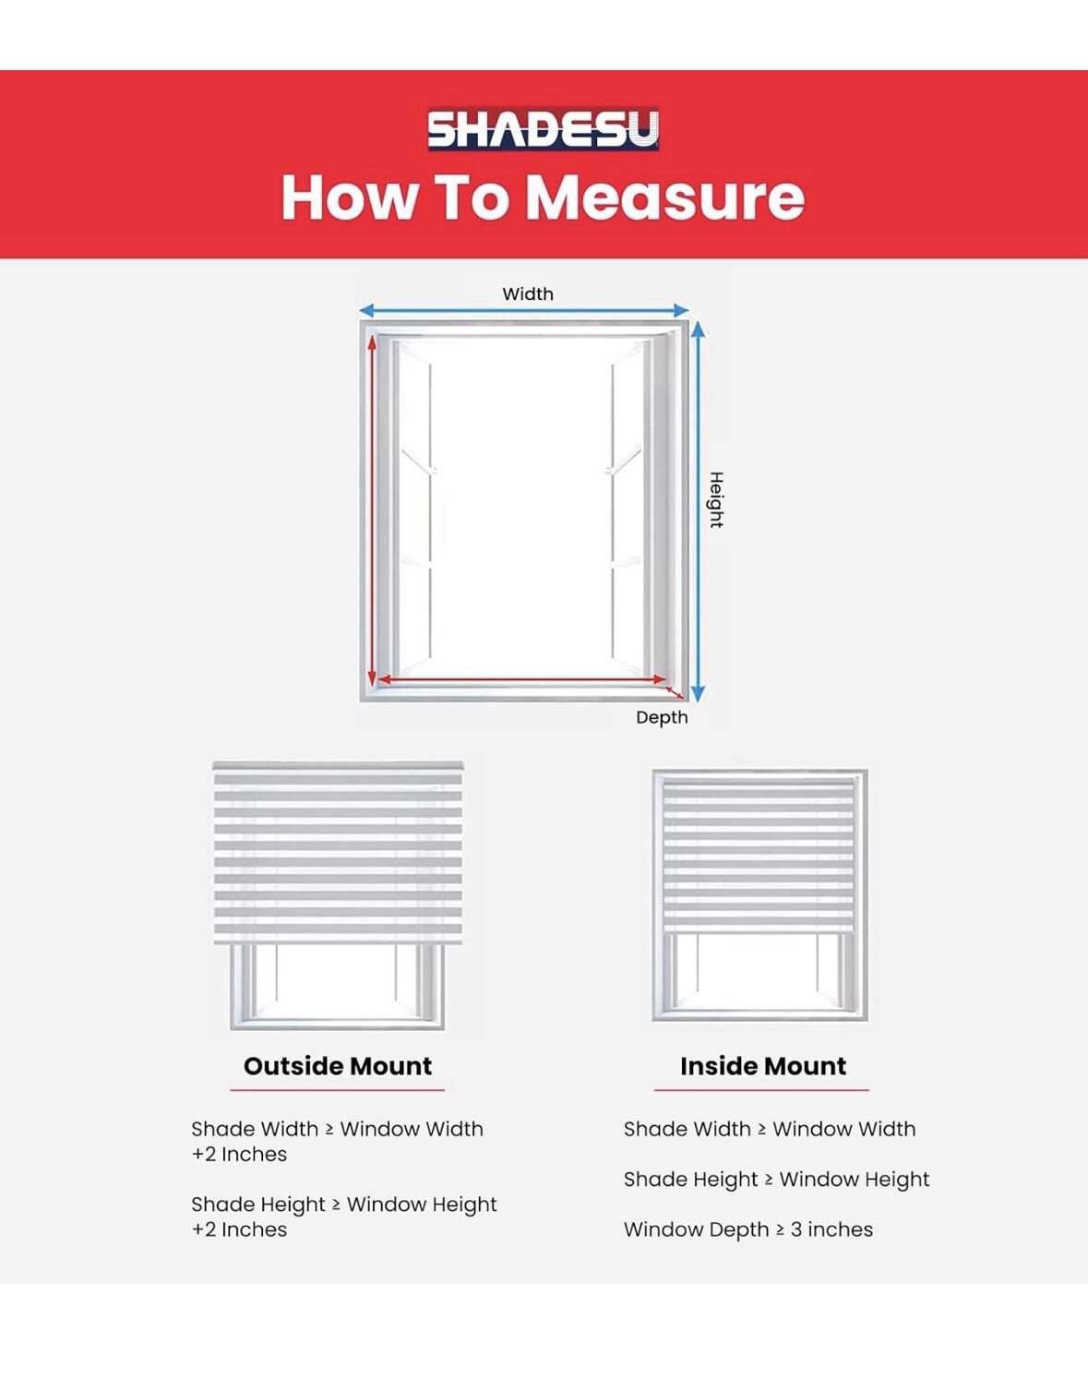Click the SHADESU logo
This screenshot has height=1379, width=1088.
pos(543,129)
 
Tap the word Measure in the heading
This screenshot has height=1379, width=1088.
pos(665,198)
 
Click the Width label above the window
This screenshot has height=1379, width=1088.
pos(527,294)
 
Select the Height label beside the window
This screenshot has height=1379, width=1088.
pos(716,500)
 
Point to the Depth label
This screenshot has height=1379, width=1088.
pos(662,718)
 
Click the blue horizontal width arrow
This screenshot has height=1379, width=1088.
pos(524,311)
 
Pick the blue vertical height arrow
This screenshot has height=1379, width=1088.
pos(699,510)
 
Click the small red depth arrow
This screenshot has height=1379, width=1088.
pos(675,692)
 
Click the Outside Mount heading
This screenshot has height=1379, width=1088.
pos(338,1066)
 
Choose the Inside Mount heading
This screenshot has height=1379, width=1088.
pos(763,1066)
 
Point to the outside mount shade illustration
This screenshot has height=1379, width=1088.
pos(338,896)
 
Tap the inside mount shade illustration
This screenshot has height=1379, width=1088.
pos(759,896)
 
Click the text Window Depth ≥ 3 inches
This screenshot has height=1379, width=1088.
pos(748,1229)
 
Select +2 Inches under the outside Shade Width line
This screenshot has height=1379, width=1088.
pos(239,1154)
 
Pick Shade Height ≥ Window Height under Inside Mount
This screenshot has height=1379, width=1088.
pos(777,1180)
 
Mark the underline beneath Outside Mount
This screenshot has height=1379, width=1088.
pos(338,1089)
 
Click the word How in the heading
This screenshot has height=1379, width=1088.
pos(350,198)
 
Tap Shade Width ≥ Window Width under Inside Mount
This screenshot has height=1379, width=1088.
pos(770,1129)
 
